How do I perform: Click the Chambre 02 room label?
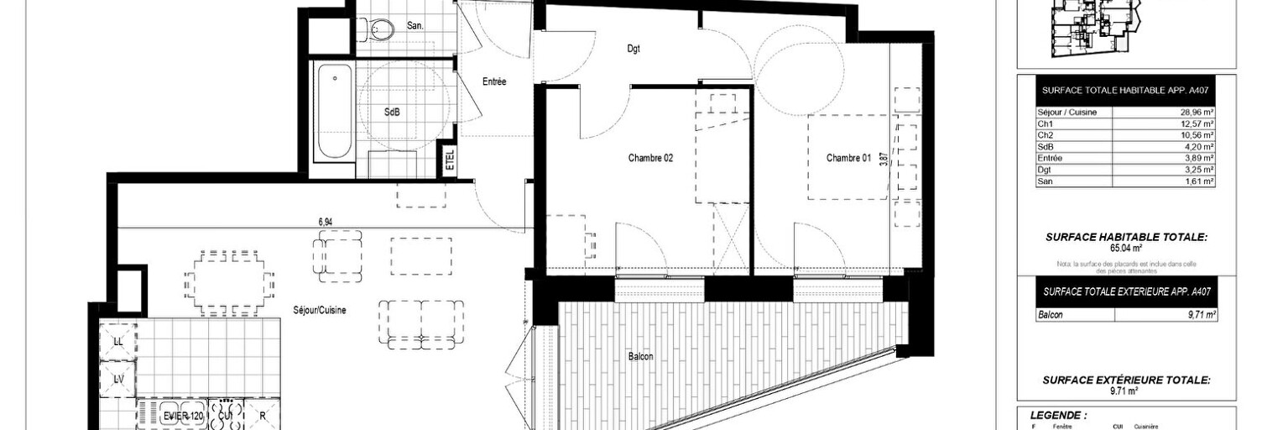pyautogui.click(x=650, y=158)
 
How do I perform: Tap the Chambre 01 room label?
pyautogui.click(x=848, y=158)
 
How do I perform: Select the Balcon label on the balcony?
pyautogui.click(x=640, y=356)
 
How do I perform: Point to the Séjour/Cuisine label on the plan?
pyautogui.click(x=319, y=310)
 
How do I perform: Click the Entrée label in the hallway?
pyautogui.click(x=494, y=82)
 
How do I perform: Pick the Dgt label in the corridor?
pyautogui.click(x=634, y=49)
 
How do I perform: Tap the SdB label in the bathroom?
pyautogui.click(x=392, y=113)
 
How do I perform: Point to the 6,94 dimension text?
pyautogui.click(x=326, y=221)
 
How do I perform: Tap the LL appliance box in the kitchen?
pyautogui.click(x=117, y=342)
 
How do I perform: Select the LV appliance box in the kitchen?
pyautogui.click(x=117, y=380)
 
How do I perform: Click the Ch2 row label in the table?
pyautogui.click(x=1046, y=135)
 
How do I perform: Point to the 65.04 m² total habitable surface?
pyautogui.click(x=1126, y=249)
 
